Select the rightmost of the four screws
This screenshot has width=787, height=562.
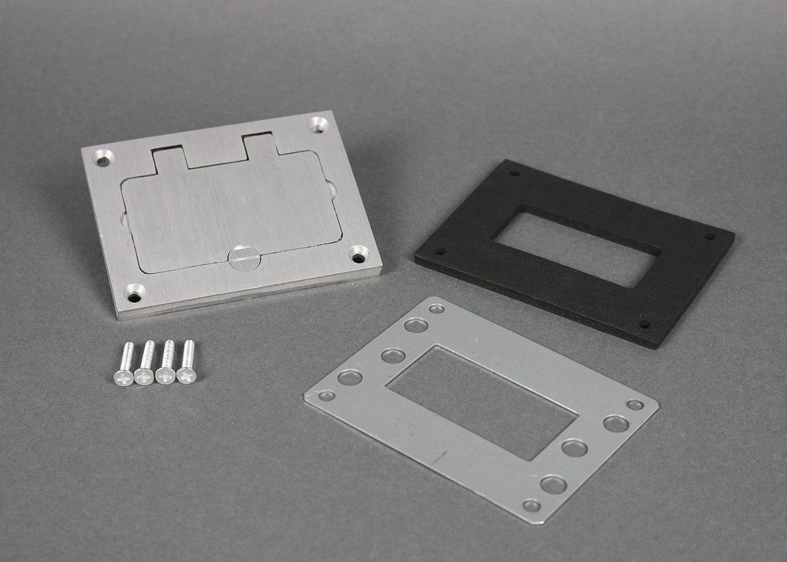[188, 363]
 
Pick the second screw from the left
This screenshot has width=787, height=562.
[146, 364]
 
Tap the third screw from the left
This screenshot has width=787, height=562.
[167, 363]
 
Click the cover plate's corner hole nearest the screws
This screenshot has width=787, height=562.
[134, 292]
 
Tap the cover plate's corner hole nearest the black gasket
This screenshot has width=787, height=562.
[358, 254]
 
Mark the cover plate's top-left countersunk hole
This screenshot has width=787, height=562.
[103, 157]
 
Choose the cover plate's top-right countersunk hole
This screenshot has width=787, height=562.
[318, 123]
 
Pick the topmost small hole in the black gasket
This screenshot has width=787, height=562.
[513, 174]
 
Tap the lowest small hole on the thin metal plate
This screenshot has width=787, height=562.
[531, 506]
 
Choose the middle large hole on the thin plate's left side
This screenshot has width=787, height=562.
[393, 356]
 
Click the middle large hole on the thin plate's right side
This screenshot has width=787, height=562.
[575, 449]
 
